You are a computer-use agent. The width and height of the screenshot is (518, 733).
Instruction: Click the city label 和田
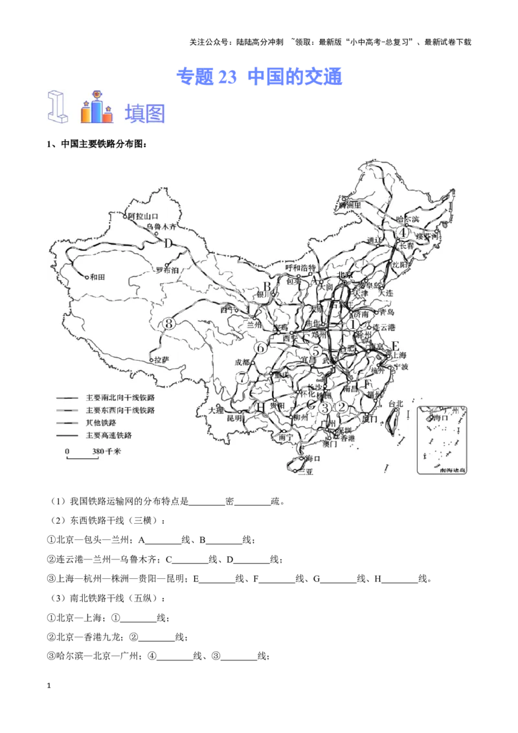tap(97, 276)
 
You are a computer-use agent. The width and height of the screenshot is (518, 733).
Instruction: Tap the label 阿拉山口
tap(143, 216)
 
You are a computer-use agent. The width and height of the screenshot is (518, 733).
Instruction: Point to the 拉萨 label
tap(161, 359)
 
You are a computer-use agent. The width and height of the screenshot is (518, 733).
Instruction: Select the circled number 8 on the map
tap(170, 324)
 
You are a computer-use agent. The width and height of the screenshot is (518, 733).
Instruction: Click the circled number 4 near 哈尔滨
tap(403, 233)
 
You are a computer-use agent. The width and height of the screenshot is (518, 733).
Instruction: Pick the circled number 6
tap(260, 348)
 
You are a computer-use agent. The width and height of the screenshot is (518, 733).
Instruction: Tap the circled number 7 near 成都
tap(242, 378)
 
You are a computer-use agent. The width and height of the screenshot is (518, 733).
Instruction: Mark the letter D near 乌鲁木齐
tap(168, 244)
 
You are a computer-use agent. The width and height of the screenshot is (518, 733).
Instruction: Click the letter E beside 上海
tap(396, 346)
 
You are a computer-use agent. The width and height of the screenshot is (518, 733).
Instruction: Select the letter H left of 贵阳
tap(260, 407)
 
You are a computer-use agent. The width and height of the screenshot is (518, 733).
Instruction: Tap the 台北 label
tap(394, 404)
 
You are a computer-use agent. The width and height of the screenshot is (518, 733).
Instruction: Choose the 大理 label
tap(216, 410)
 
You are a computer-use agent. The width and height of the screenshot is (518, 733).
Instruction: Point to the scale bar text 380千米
tap(106, 451)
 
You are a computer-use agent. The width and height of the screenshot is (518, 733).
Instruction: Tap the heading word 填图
tap(145, 113)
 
